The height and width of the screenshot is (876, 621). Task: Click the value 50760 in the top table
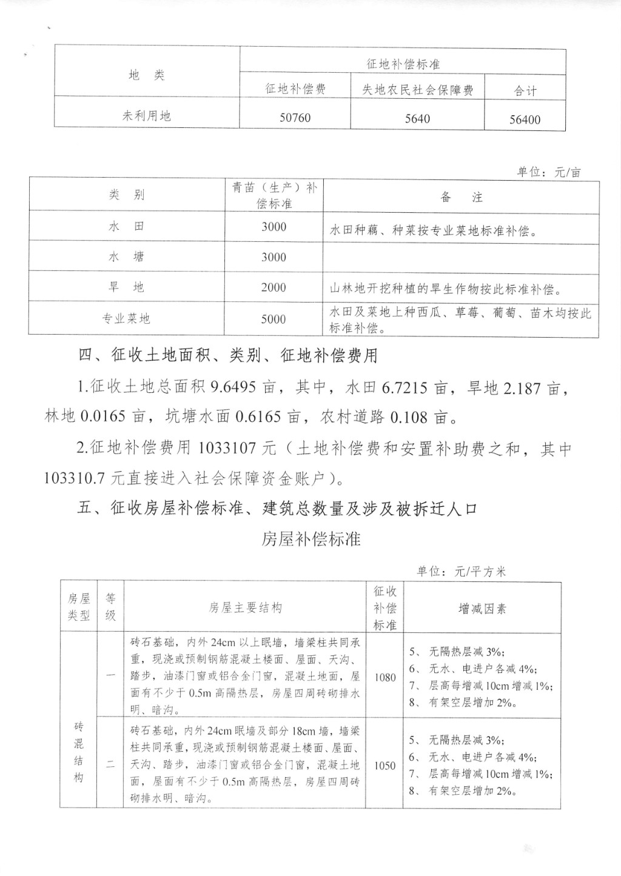[x=295, y=117]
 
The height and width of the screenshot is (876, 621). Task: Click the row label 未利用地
[x=147, y=115]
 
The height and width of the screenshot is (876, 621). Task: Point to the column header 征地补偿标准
[x=403, y=64]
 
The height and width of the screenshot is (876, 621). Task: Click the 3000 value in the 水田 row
[x=274, y=227]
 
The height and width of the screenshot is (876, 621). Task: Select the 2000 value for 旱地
[x=274, y=287]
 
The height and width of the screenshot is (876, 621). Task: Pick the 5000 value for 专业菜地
[x=274, y=319]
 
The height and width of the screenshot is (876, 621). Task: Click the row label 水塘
[x=126, y=257]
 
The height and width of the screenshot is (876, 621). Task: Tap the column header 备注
[x=461, y=197]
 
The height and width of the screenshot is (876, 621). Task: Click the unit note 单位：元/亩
[x=548, y=172]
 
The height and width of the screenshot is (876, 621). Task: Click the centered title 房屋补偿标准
[x=311, y=538]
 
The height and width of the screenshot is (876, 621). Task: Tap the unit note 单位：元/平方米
[x=461, y=571]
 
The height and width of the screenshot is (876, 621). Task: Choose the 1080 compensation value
[x=384, y=677]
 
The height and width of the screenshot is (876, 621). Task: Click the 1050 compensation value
[x=384, y=765]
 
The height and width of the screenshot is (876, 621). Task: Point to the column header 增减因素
[x=482, y=609]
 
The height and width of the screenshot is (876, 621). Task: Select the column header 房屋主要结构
[x=245, y=607]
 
